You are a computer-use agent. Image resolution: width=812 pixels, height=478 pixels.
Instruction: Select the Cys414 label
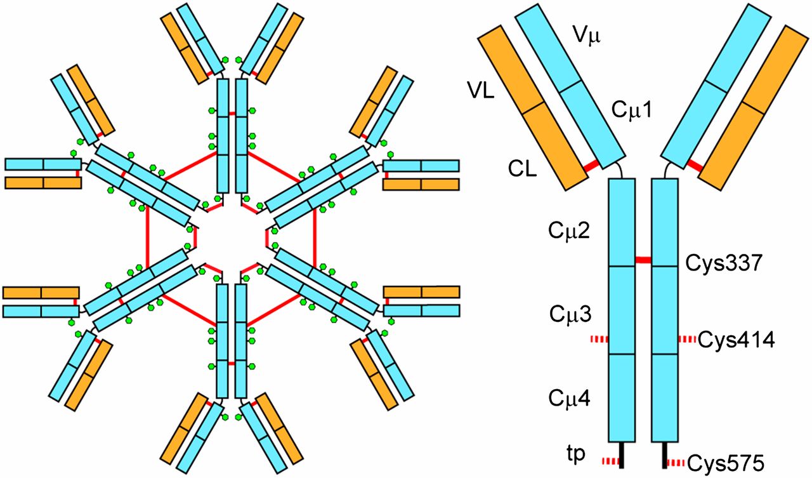735,341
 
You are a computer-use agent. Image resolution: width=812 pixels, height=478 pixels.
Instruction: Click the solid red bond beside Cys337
644,260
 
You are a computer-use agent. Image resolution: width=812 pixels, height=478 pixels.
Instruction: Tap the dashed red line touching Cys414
687,340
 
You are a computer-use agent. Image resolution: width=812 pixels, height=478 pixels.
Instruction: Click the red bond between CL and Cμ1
593,166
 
